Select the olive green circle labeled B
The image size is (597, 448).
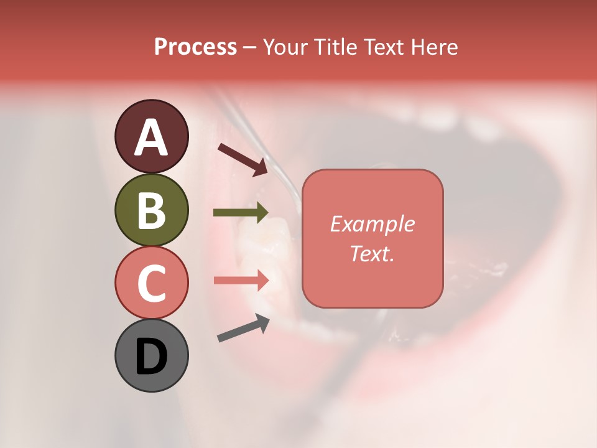click(151, 210)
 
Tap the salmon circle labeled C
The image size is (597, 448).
click(151, 283)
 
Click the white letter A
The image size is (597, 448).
click(151, 138)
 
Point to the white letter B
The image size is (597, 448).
click(151, 210)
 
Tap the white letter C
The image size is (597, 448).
click(151, 283)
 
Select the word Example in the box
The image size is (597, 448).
click(373, 224)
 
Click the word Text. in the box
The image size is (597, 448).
click(373, 253)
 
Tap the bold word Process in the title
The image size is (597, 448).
click(195, 47)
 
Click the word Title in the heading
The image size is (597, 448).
click(331, 47)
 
